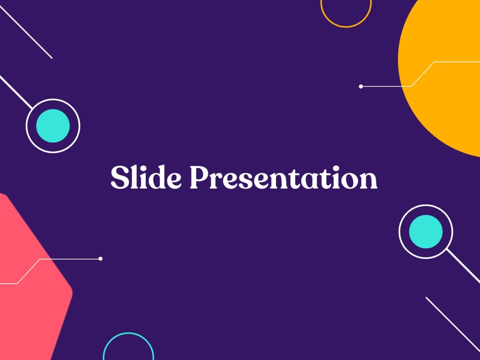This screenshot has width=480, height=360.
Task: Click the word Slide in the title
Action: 146,178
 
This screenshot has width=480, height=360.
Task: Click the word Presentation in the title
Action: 283,178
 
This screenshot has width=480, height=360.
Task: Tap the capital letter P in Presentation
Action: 199,178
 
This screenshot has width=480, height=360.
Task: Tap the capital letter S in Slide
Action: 119,178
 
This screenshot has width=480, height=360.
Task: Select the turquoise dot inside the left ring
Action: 53,126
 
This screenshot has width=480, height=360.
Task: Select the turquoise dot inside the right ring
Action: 426,232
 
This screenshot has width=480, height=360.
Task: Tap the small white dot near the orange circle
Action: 361,86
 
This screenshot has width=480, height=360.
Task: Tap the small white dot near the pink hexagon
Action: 100,259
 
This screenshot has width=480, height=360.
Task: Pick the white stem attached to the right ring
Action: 463,266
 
